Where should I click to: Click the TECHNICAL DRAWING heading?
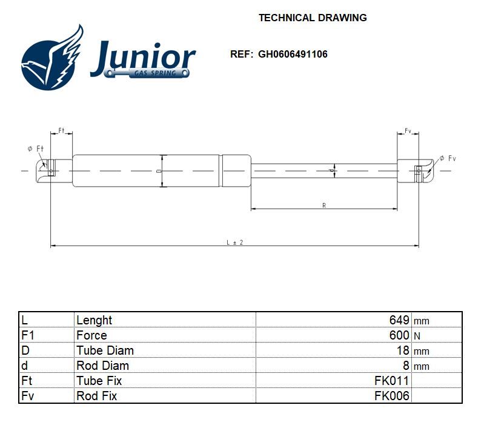[x=313, y=18]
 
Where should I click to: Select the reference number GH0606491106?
[x=293, y=54]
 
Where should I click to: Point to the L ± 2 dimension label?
[x=234, y=242]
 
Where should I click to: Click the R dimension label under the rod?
[x=324, y=206]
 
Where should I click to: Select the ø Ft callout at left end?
[x=36, y=149]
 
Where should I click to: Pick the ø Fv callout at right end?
[x=448, y=158]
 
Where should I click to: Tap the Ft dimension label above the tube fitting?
[x=61, y=131]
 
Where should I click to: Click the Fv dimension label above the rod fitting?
[x=408, y=131]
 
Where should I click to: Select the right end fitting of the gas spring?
[x=417, y=170]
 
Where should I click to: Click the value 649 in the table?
[x=399, y=320]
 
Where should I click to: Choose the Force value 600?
[x=399, y=335]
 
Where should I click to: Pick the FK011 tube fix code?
[x=392, y=381]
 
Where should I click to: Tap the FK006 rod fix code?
[x=392, y=396]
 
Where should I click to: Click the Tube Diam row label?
[x=105, y=350]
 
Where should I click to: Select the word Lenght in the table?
[x=94, y=320]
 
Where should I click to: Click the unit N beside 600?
[x=417, y=336]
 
